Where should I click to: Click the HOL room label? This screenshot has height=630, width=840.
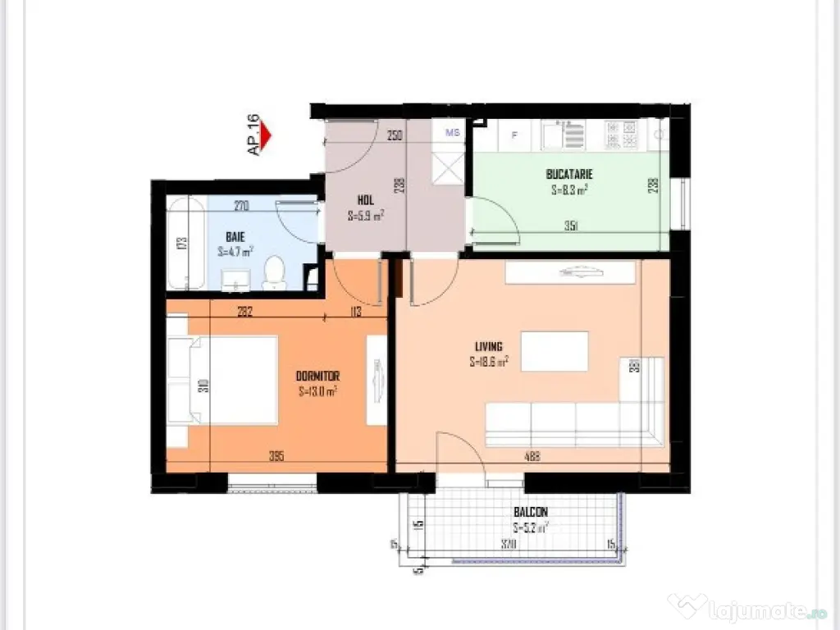point(365,199)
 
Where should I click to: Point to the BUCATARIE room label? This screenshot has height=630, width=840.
point(569,174)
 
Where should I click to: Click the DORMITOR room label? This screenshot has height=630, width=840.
point(318,376)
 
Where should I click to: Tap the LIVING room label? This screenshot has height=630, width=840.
point(487,346)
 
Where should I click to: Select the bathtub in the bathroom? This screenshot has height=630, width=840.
point(185,243)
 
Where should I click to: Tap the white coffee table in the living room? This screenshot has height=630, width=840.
point(555,350)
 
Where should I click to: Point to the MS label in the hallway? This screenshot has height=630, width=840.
point(452,131)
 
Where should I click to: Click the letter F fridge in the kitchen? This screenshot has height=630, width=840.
point(514,135)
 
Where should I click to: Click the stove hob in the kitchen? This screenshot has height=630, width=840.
point(621,133)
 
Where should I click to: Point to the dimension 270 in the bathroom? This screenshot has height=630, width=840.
point(241,206)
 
